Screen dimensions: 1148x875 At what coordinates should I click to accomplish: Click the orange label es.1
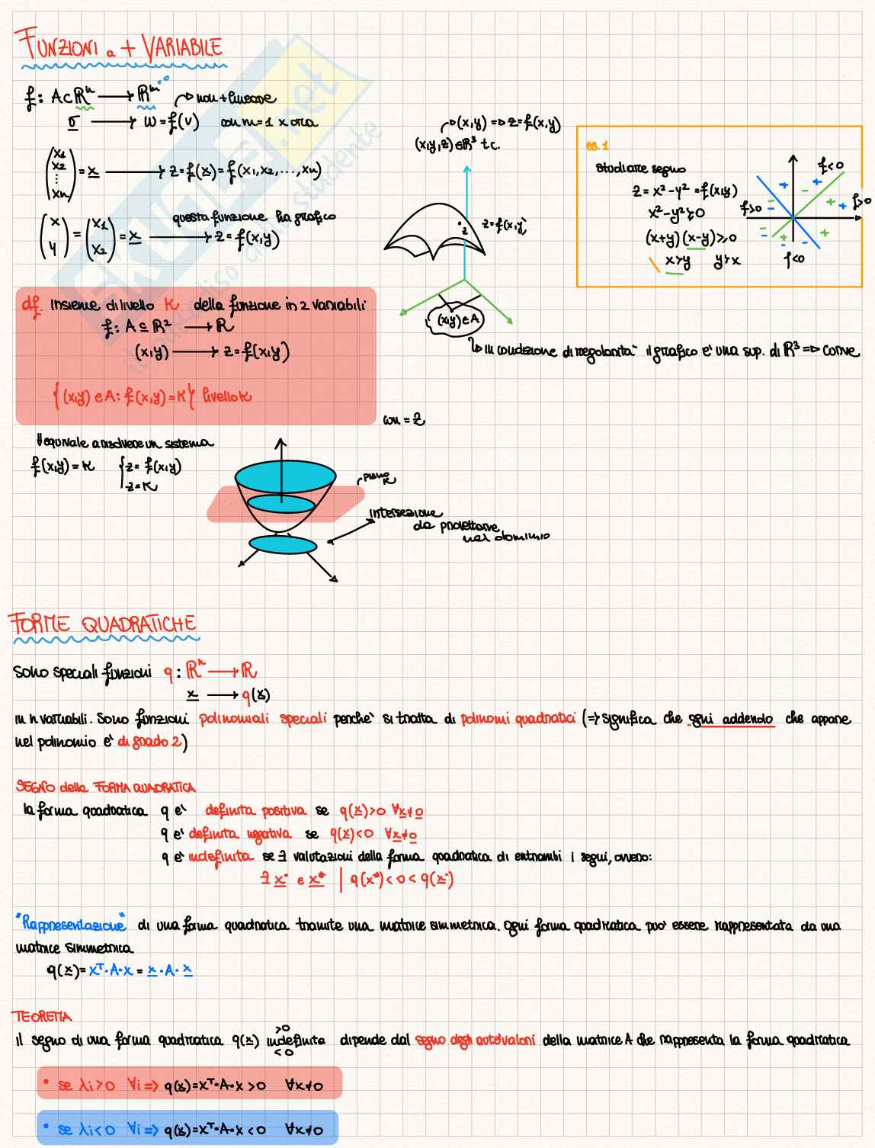click(x=598, y=146)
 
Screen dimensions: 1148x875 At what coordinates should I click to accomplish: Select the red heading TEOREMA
click(x=42, y=1017)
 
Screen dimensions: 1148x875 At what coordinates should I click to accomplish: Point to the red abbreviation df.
click(x=32, y=305)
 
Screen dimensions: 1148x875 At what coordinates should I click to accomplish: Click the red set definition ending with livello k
click(x=152, y=396)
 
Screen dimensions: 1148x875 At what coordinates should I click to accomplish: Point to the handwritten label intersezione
click(x=405, y=513)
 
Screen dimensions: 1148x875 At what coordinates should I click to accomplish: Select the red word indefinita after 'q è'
click(x=220, y=857)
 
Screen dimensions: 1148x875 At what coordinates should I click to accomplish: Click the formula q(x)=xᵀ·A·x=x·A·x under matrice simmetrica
click(x=119, y=970)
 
